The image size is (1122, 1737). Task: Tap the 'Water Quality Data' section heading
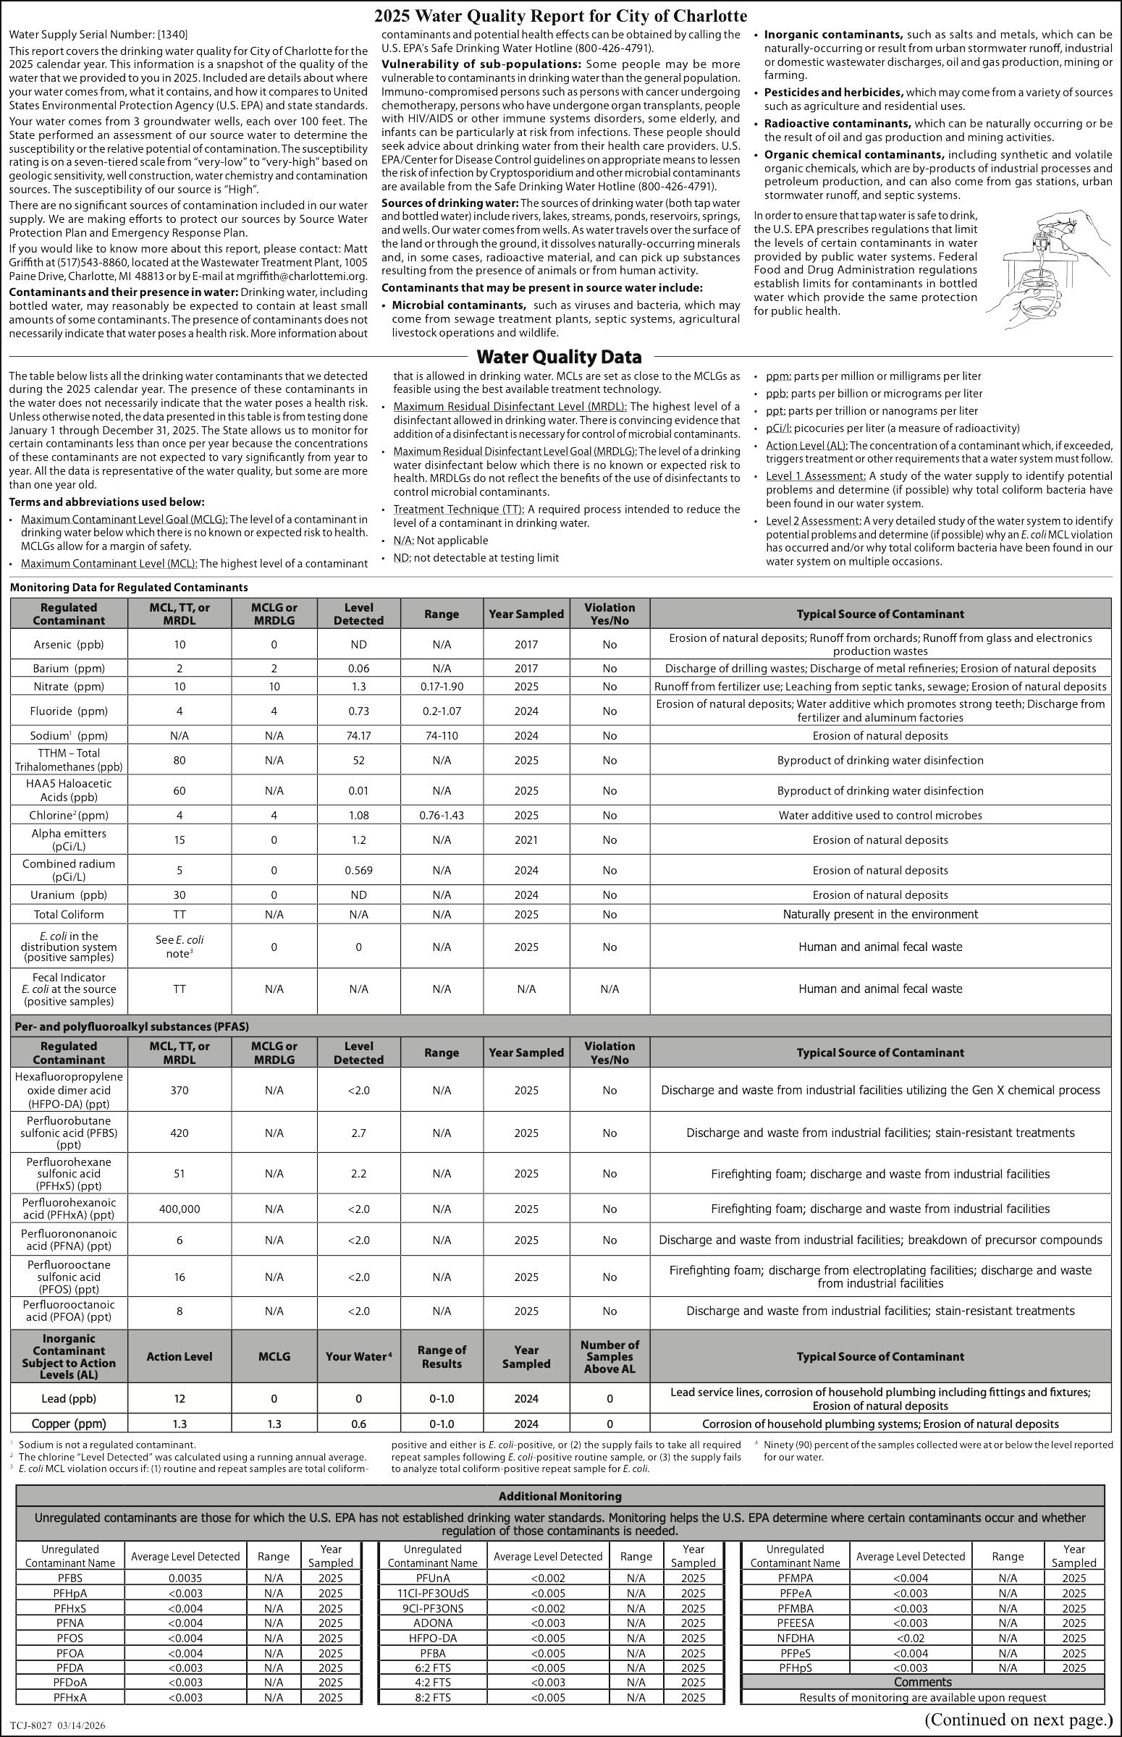tap(559, 357)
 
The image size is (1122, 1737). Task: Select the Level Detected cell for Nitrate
tap(358, 686)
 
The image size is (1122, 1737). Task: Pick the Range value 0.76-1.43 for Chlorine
tap(442, 815)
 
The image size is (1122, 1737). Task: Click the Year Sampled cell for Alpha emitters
tap(526, 840)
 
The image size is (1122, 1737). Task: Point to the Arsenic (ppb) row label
tap(69, 644)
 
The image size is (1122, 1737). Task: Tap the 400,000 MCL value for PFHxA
tap(180, 1209)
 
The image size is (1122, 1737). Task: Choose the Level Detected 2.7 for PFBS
tap(358, 1133)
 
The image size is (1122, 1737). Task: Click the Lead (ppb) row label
tap(69, 1398)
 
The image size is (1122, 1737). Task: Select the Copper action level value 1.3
tap(180, 1424)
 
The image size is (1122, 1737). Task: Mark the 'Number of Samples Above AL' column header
tap(609, 1356)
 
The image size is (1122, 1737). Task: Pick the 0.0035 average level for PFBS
tap(185, 1578)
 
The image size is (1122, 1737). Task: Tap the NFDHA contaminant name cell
tap(795, 1638)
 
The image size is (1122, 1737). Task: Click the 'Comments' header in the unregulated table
tap(922, 1682)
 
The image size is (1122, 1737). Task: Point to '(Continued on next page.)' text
tap(1018, 1720)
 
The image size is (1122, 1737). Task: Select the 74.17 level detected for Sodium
tap(358, 735)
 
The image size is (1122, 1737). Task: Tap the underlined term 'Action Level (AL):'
tap(806, 445)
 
